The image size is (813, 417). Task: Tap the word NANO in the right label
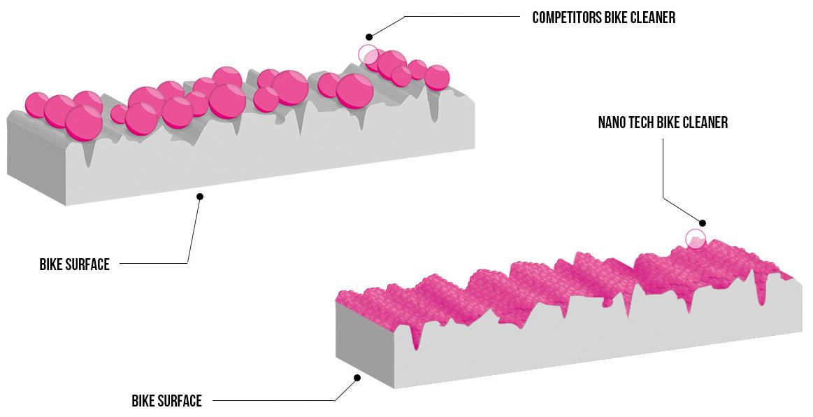[x=612, y=123]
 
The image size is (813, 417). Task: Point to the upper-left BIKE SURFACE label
[x=74, y=264]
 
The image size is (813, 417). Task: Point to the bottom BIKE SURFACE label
[x=166, y=401]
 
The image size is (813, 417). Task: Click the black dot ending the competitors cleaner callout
[x=368, y=36]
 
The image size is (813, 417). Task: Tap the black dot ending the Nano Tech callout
[x=703, y=223]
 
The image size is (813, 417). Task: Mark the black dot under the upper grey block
[x=200, y=197]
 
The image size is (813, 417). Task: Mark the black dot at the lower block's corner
[x=357, y=378]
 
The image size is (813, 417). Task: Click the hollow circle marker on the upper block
[x=368, y=55]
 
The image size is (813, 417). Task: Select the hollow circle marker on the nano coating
[x=695, y=239]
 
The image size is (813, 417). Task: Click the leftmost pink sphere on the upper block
[x=36, y=104]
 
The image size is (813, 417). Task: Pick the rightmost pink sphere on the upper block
[x=437, y=77]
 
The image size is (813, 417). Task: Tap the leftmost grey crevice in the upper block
[x=88, y=155]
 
